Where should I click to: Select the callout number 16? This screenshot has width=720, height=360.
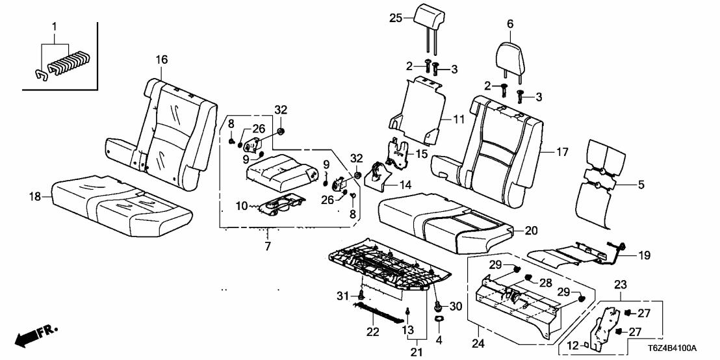click(x=161, y=60)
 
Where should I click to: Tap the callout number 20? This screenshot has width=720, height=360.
click(x=531, y=230)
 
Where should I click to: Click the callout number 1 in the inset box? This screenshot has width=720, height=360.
click(x=55, y=28)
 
